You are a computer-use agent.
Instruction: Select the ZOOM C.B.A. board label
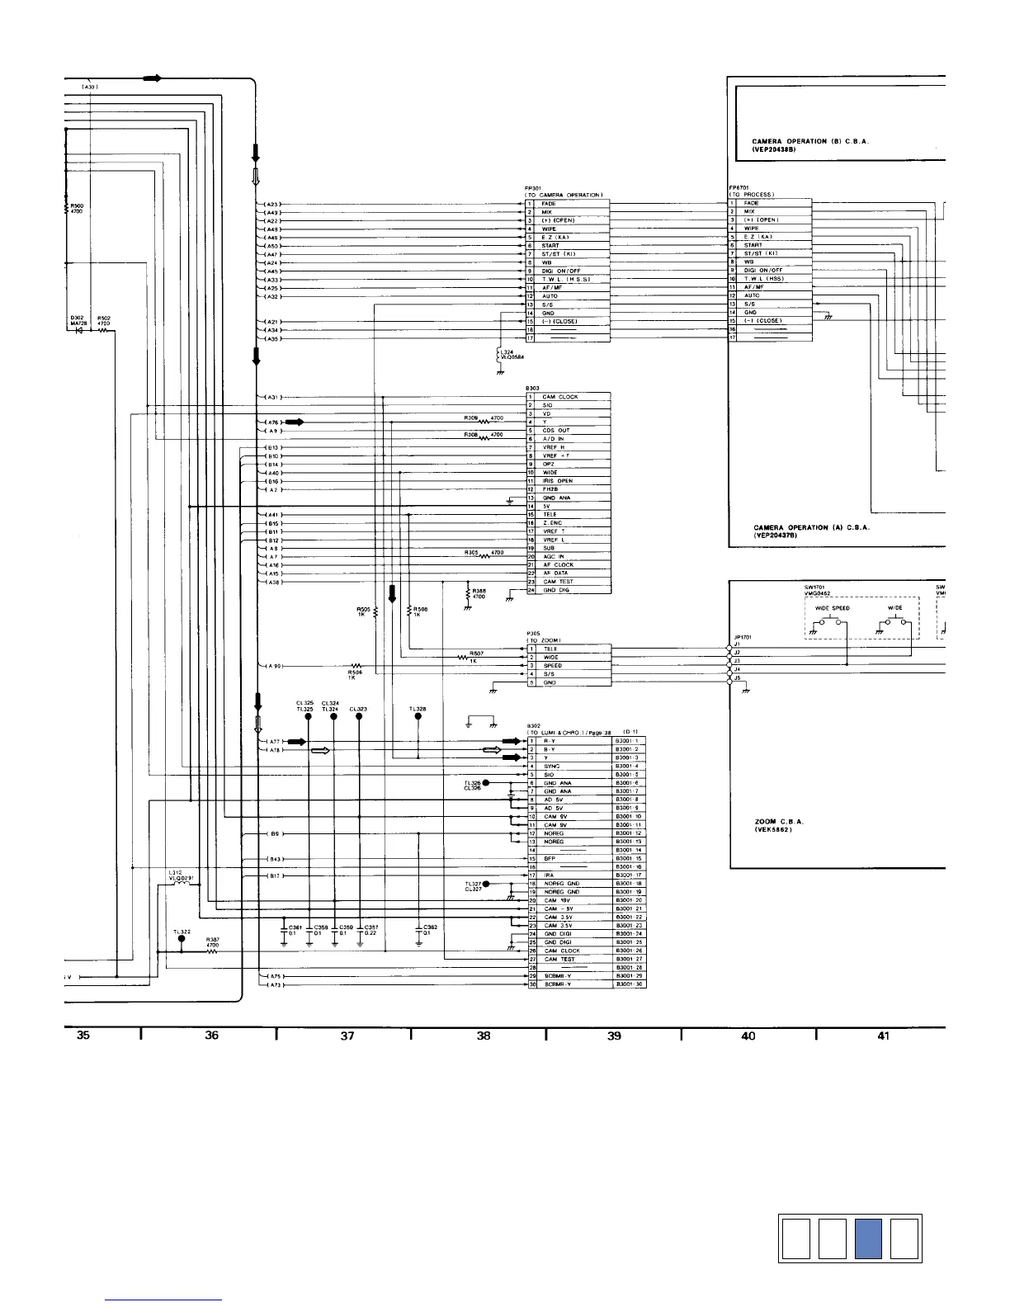click(x=778, y=822)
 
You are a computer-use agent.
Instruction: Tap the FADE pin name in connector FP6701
click(x=751, y=203)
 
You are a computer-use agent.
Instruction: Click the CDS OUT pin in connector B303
click(x=555, y=431)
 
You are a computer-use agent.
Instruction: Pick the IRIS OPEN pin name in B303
click(x=558, y=481)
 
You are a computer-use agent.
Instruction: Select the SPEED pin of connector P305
click(x=552, y=666)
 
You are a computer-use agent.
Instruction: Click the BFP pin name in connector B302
click(x=550, y=859)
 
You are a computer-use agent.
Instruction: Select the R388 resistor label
click(x=479, y=591)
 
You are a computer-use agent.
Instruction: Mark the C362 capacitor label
click(x=431, y=927)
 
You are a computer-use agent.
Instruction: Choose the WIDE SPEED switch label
click(x=833, y=608)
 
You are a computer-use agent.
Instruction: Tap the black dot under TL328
click(x=418, y=717)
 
